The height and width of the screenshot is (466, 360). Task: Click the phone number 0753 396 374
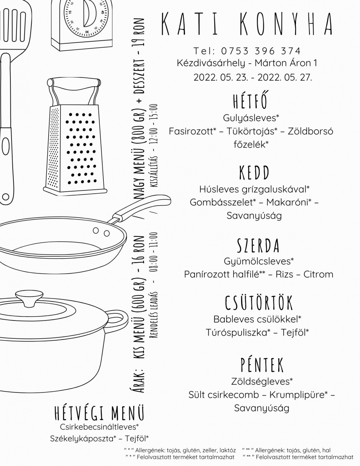pos(261,51)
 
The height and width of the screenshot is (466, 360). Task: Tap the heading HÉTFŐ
pos(251,100)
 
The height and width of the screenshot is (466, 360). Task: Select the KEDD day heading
pos(254,172)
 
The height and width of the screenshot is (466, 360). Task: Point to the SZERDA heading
pos(258,245)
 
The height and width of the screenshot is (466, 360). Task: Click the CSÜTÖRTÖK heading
pos(258,302)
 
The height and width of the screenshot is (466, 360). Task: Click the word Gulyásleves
pos(249,118)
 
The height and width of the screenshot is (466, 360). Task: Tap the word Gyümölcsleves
pos(257,261)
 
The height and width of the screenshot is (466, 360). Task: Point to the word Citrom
pos(318,274)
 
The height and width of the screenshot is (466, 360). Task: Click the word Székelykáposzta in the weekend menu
pos(81,439)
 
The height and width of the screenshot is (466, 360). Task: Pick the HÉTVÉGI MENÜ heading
pos(99,413)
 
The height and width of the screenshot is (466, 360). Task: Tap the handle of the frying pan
pos(139,207)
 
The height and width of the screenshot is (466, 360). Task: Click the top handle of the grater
pos(74,83)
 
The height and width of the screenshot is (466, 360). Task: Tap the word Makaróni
pos(287,202)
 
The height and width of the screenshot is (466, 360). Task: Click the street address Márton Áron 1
pos(285,63)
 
